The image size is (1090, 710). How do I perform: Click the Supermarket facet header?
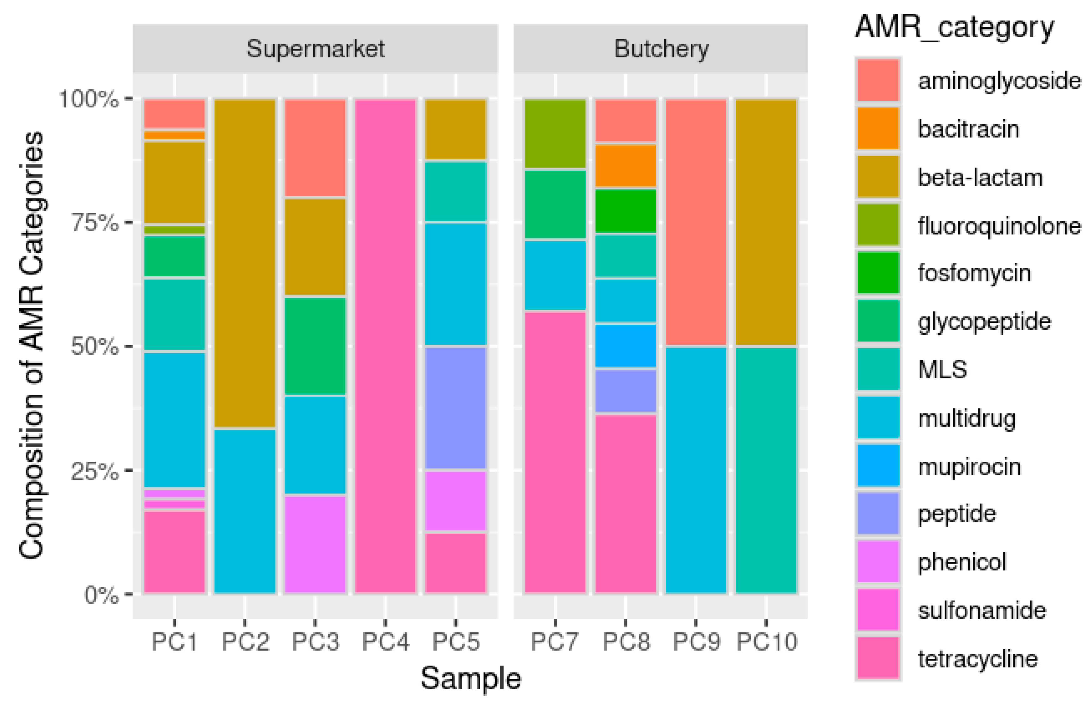[x=315, y=48]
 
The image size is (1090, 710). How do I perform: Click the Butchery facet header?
[x=660, y=48]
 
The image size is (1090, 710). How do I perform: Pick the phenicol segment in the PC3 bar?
[x=315, y=545]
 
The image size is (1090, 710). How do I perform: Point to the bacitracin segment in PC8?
[x=625, y=165]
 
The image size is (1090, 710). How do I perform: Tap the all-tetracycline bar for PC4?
[x=385, y=346]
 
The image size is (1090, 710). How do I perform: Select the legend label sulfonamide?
[x=982, y=611]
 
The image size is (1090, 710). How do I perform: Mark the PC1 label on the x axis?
[x=174, y=641]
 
